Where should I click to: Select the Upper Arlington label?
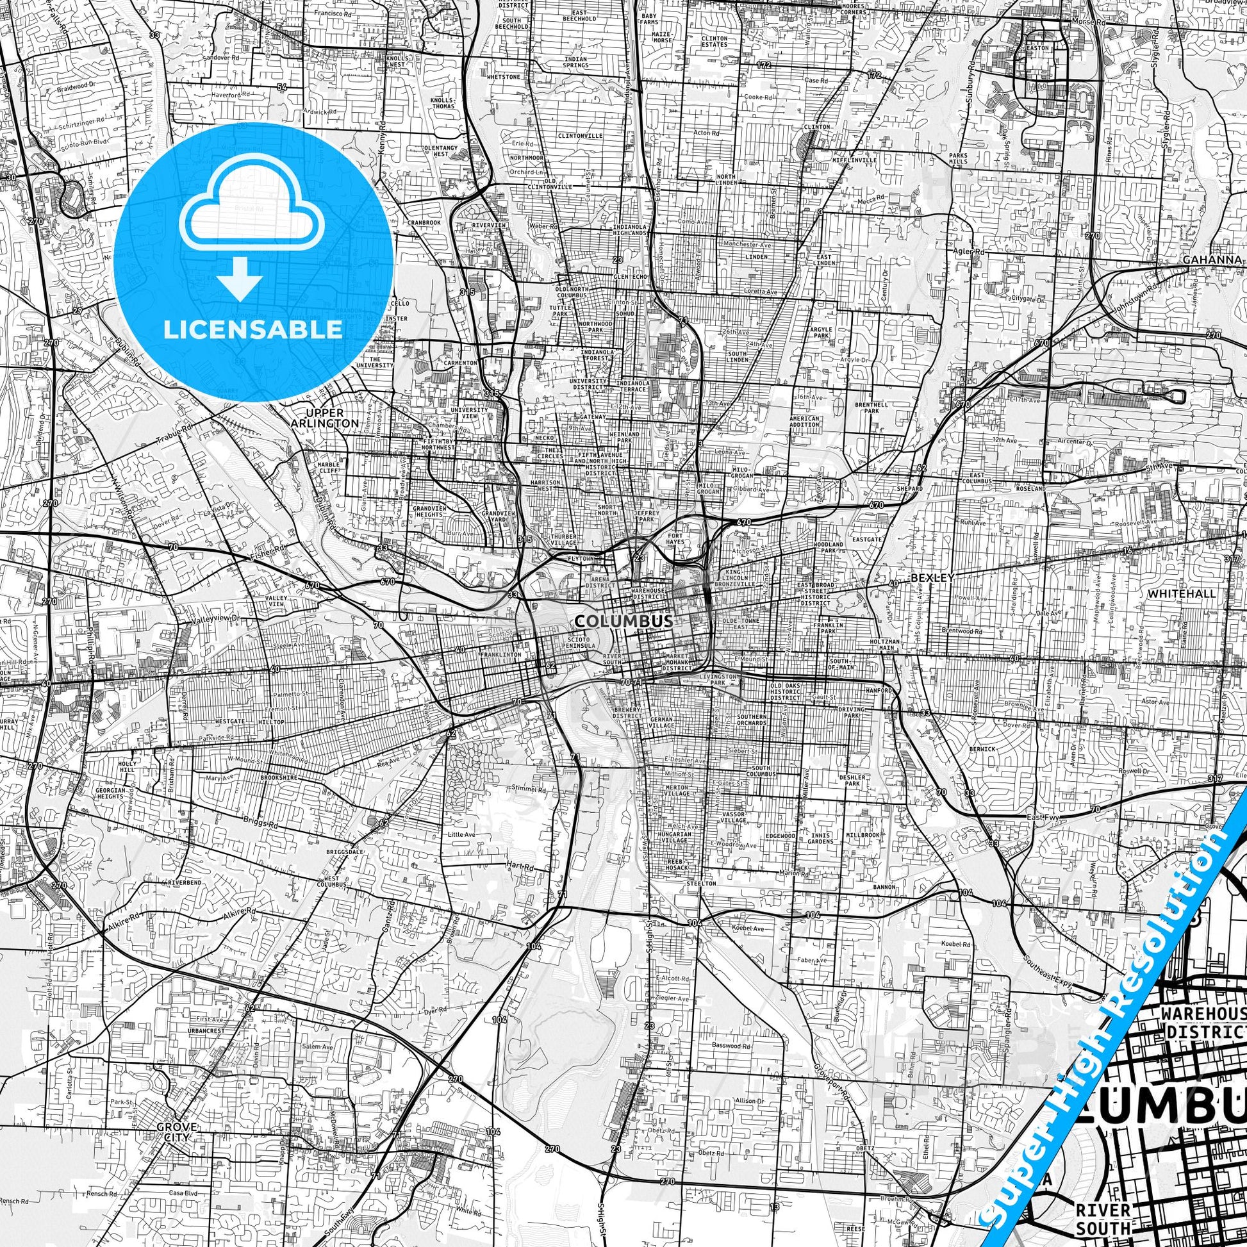(x=333, y=418)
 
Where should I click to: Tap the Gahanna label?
(x=1212, y=260)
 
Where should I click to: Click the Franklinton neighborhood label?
(x=500, y=654)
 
